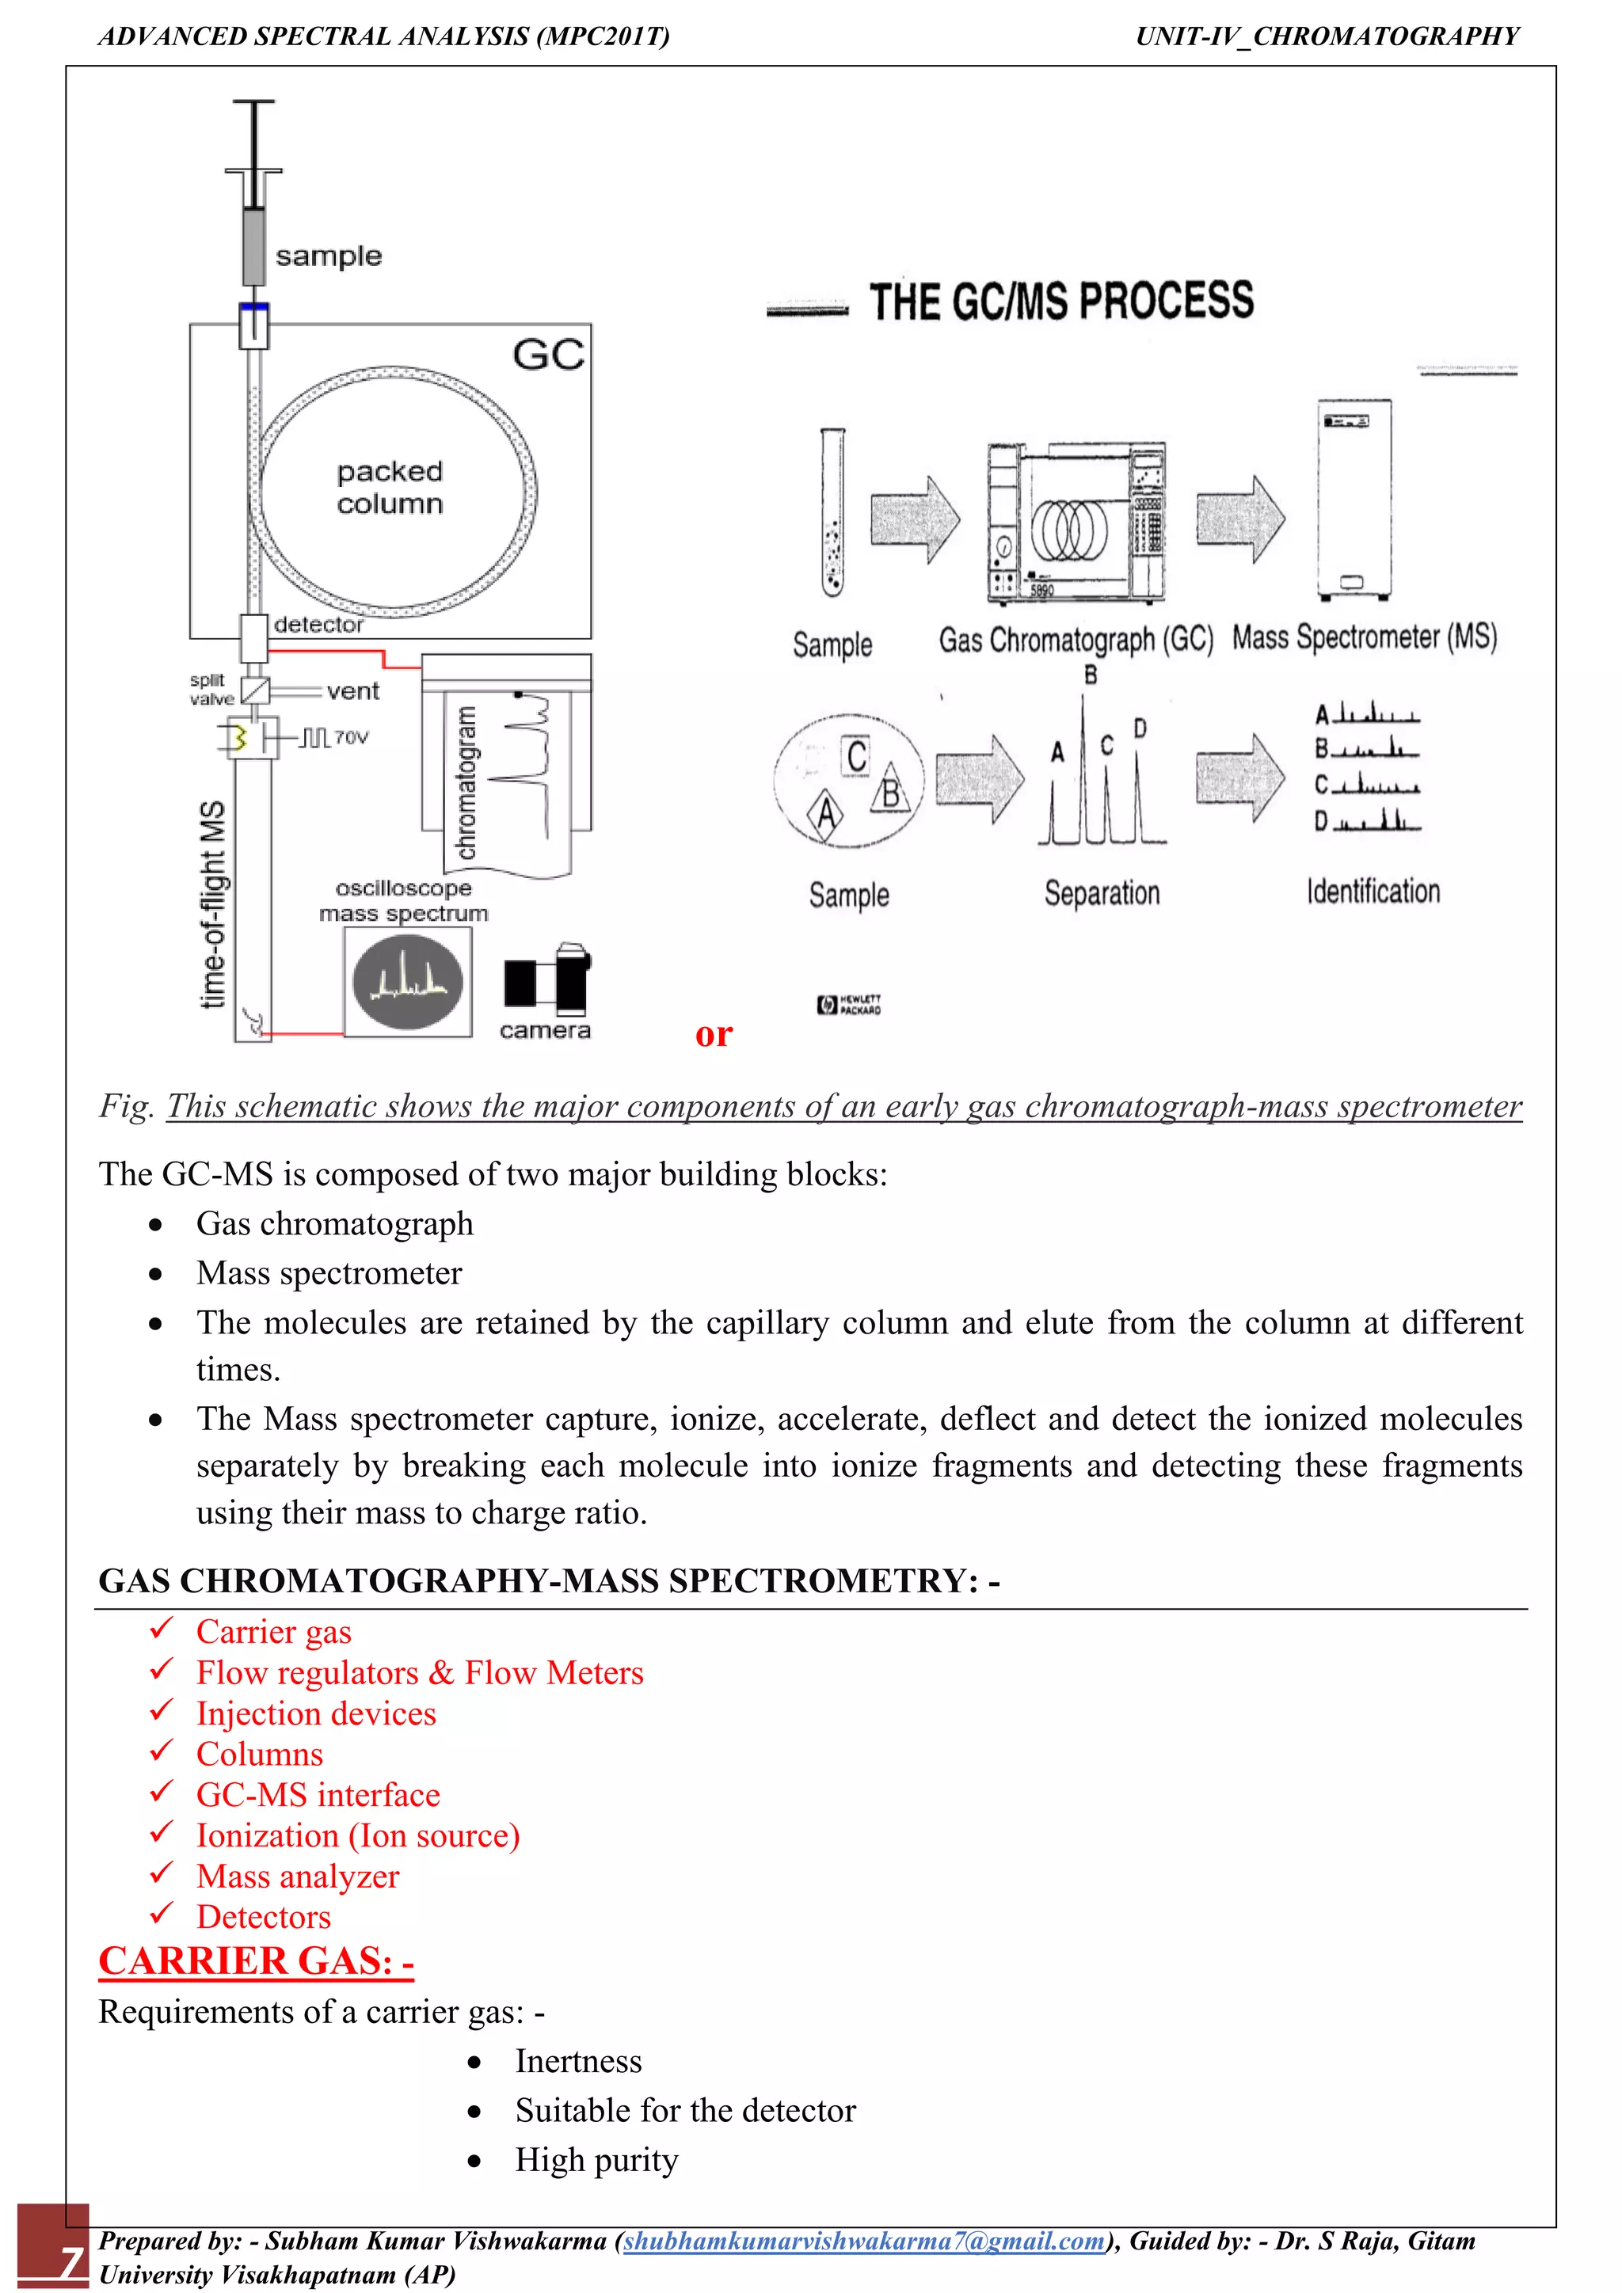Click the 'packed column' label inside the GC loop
click(390, 488)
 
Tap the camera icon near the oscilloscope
click(547, 979)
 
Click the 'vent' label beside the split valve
click(352, 691)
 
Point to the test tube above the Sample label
click(832, 512)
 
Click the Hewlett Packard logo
click(848, 1004)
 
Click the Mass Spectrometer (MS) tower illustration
click(1353, 500)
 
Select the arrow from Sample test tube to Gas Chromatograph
click(914, 519)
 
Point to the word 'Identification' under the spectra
click(1373, 891)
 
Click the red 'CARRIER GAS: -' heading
click(256, 1961)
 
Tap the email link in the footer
click(864, 2241)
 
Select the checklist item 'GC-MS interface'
click(318, 1795)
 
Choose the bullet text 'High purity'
click(596, 2159)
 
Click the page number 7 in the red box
click(70, 2259)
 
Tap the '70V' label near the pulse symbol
click(352, 737)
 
